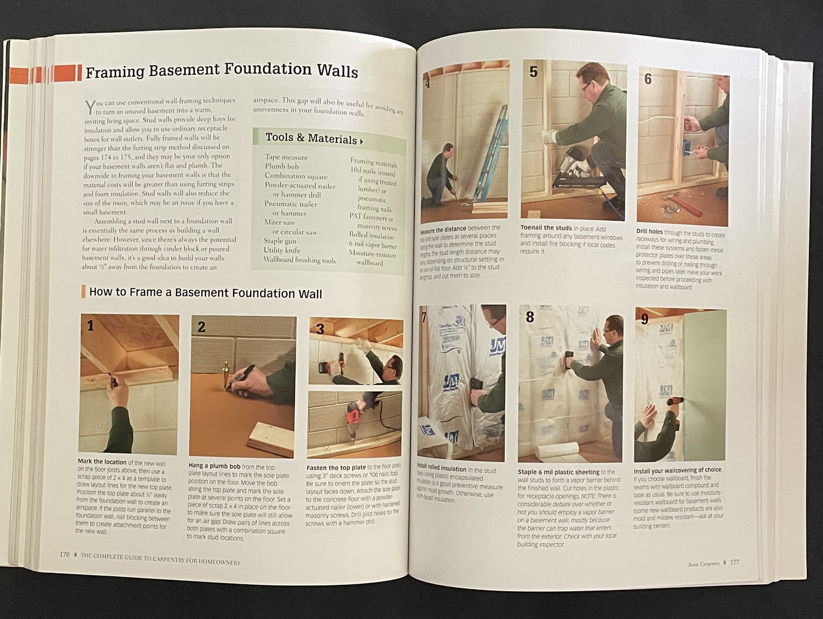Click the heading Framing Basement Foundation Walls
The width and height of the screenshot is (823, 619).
pos(221,71)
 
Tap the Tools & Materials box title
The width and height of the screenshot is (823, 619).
pos(311,138)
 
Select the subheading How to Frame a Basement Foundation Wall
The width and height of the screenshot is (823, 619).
pos(205,293)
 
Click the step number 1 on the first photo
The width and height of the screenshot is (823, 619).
pos(91,326)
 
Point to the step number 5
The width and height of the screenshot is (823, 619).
pos(533,72)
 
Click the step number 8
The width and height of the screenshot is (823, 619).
pos(530,317)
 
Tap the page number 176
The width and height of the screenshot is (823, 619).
pos(64,555)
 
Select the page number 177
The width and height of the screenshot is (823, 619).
pos(734,562)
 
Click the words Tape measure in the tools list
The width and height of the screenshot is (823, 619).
pos(286,157)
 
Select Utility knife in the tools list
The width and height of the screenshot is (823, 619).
pos(282,250)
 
